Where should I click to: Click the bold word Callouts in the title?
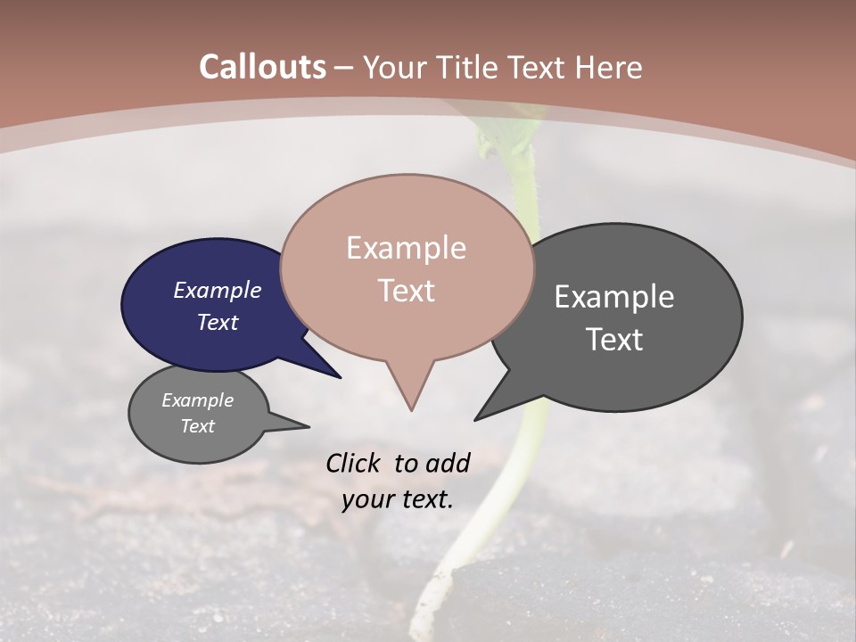[262, 67]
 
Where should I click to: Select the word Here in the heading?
[610, 67]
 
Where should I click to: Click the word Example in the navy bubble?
[218, 290]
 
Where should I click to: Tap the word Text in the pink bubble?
[407, 290]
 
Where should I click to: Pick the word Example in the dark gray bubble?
[614, 297]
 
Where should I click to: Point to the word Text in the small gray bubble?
[198, 426]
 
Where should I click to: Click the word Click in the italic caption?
[354, 462]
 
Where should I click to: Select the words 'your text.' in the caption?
[398, 498]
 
